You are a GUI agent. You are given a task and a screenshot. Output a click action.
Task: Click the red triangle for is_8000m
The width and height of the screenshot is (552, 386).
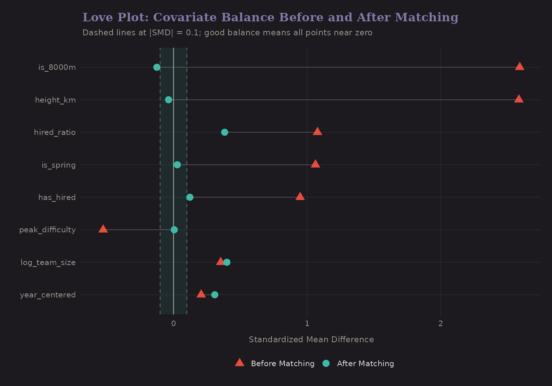(x=519, y=67)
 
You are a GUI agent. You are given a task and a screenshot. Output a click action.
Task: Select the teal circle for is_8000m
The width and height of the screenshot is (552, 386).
(x=157, y=67)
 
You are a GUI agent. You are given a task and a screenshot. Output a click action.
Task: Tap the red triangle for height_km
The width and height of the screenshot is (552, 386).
(x=519, y=99)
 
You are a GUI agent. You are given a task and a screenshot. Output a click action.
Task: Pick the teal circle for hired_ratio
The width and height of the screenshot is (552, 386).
(x=224, y=132)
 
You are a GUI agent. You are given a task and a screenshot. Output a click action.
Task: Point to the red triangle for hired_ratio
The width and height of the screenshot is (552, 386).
(x=317, y=132)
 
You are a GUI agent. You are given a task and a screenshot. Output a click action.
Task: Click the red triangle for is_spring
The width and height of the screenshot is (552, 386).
(x=315, y=164)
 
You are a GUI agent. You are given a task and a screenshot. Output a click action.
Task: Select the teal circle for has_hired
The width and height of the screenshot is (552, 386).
(x=190, y=197)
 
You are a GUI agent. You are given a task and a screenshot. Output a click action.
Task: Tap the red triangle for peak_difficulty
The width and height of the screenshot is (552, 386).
(x=103, y=229)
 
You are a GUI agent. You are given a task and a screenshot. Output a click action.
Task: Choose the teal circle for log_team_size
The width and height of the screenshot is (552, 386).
(x=227, y=262)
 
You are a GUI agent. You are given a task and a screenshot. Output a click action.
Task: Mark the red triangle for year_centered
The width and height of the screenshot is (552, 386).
(x=201, y=294)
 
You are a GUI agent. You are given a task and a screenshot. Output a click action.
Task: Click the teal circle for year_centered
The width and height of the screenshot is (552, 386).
(x=215, y=295)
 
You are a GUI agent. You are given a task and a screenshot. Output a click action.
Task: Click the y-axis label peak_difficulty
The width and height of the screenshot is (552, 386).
(x=47, y=230)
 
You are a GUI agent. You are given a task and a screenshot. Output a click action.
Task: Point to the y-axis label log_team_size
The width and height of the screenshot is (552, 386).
(x=48, y=262)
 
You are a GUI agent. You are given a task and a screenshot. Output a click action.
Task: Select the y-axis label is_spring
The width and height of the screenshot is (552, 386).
(x=59, y=165)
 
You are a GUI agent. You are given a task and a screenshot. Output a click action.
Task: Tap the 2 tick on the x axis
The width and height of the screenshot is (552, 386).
(x=440, y=324)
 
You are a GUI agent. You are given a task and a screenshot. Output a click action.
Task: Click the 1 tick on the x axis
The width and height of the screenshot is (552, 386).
(x=307, y=324)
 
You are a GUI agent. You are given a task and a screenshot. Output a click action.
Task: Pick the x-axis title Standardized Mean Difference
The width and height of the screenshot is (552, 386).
(x=311, y=340)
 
